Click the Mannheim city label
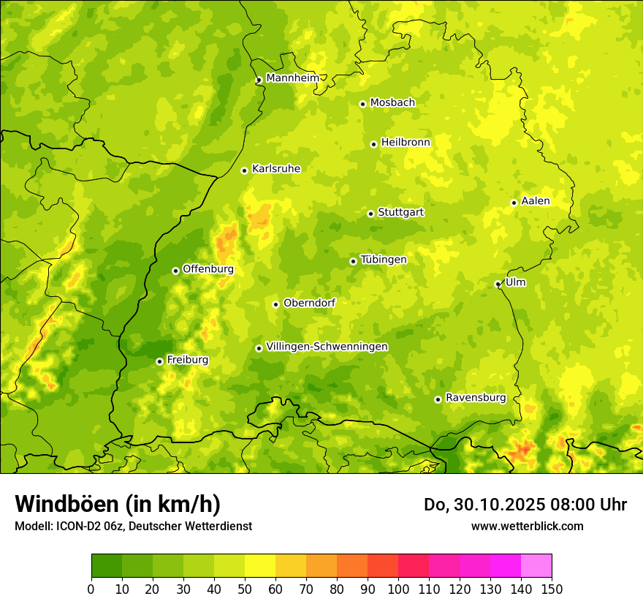292,78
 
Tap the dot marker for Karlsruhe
245,170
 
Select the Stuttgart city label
400,212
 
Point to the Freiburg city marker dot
159,361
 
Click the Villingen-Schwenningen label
327,347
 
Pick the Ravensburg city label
475,398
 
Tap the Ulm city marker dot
498,284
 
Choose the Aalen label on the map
535,201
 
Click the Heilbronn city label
406,143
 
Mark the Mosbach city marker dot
362,104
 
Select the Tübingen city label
383,260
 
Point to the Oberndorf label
309,303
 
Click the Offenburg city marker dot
175,271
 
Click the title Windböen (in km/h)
118,504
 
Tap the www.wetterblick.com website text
527,526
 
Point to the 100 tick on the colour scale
398,589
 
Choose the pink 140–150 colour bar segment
536,565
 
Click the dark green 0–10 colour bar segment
107,565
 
